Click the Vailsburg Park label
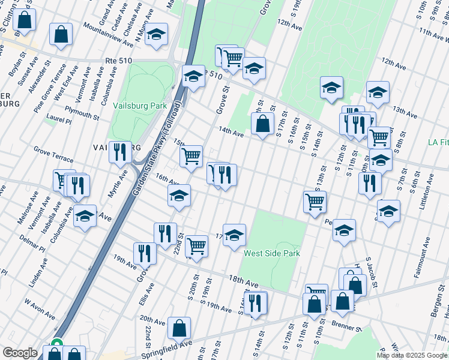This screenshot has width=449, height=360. coord(140,106)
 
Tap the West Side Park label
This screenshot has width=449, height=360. coord(271,253)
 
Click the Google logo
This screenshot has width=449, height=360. coord(20,353)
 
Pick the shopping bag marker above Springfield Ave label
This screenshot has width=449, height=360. coord(179,328)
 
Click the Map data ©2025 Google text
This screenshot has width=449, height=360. coord(412,355)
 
